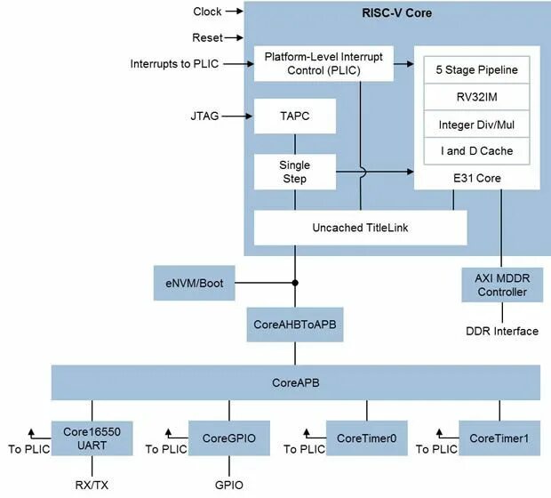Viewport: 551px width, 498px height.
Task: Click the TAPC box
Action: pyautogui.click(x=294, y=116)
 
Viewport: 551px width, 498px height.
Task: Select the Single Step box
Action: pyautogui.click(x=294, y=172)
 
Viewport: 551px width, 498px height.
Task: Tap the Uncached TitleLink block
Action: pyautogui.click(x=361, y=228)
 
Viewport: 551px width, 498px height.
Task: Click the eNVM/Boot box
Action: pyautogui.click(x=188, y=284)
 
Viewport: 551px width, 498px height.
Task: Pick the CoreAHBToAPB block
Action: pyautogui.click(x=294, y=325)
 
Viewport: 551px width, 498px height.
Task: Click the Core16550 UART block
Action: pyautogui.click(x=85, y=437)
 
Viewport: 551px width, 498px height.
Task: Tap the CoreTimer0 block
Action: pyautogui.click(x=366, y=437)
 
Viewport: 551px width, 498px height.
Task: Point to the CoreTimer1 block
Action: pyautogui.click(x=499, y=437)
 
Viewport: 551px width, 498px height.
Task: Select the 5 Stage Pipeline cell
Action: pyautogui.click(x=476, y=69)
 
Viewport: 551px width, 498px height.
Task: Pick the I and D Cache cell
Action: pyautogui.click(x=476, y=150)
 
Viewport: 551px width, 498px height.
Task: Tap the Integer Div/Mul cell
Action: pyautogui.click(x=476, y=124)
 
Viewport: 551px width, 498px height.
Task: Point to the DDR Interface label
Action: pyautogui.click(x=502, y=331)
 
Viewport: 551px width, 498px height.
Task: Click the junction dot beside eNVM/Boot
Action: pyautogui.click(x=294, y=284)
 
